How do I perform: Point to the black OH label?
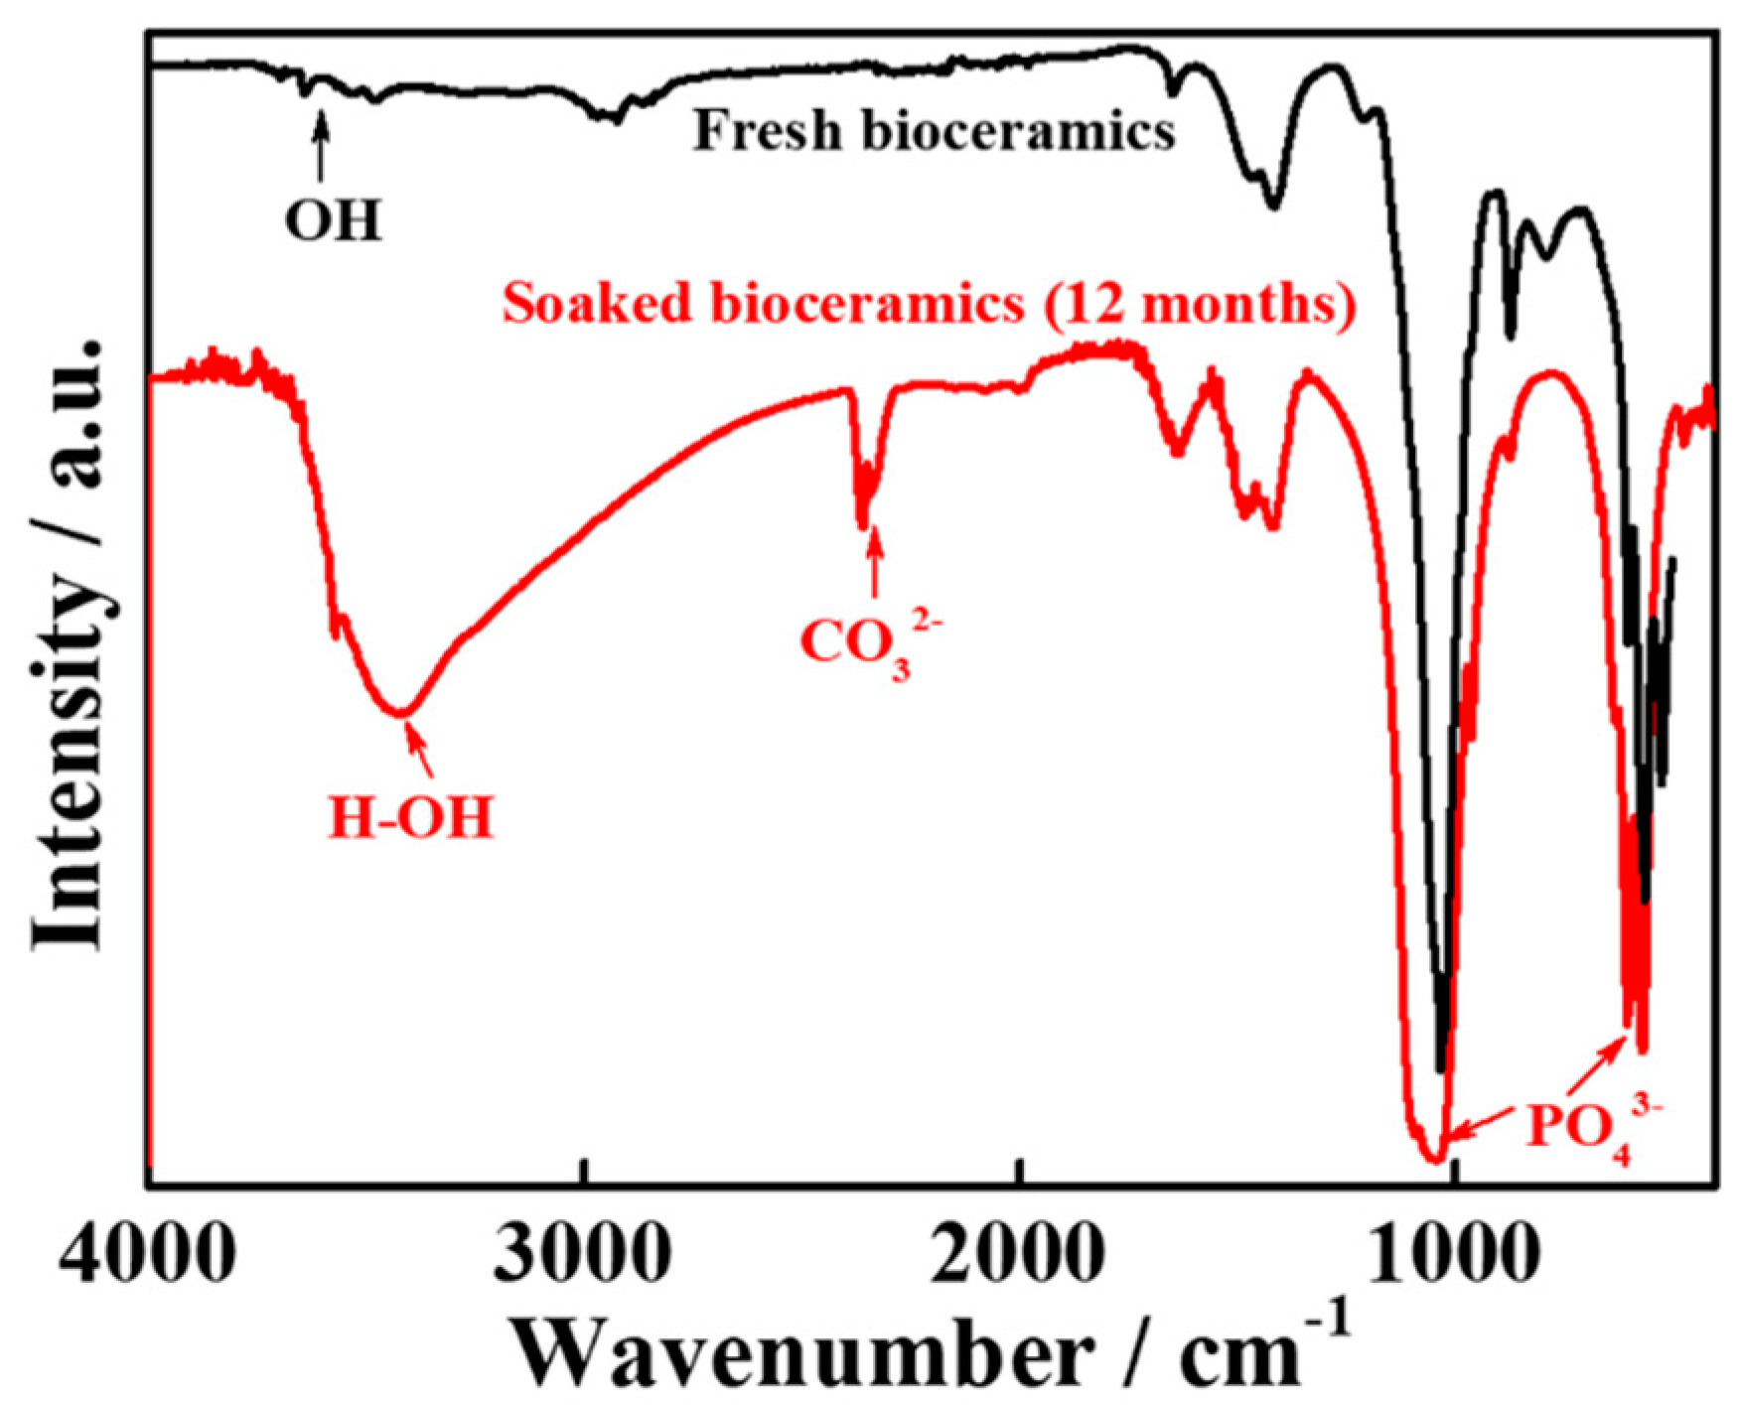tap(333, 220)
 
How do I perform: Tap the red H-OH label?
tap(411, 820)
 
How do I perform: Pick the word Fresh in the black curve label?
tap(767, 131)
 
